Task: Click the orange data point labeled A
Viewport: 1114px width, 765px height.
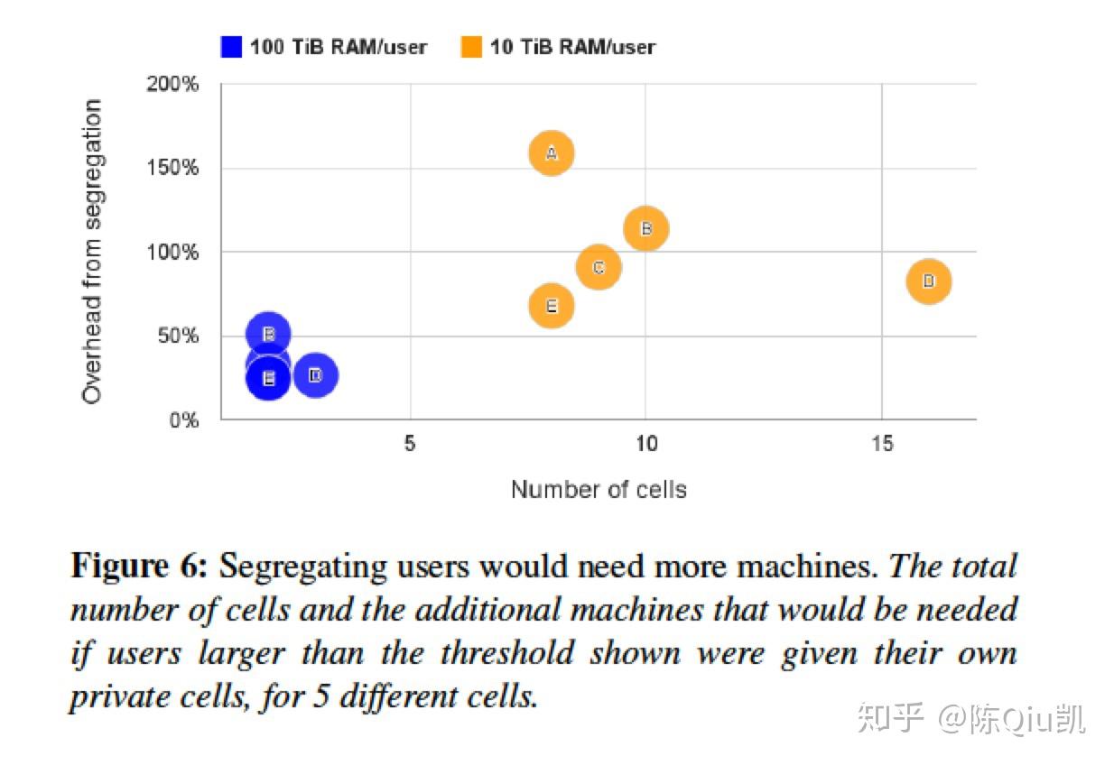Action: (x=552, y=153)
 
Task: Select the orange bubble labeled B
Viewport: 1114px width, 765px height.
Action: (x=645, y=228)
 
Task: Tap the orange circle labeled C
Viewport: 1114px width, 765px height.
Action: (x=599, y=268)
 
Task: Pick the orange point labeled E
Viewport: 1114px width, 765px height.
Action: (x=552, y=306)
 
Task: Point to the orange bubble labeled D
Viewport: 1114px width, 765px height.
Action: (x=929, y=281)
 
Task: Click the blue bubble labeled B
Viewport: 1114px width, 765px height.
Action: (x=268, y=334)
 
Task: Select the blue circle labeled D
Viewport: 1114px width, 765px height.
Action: (x=315, y=374)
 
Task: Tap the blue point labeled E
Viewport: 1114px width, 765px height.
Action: (x=268, y=378)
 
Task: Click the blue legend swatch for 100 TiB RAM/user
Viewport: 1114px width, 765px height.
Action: (x=232, y=46)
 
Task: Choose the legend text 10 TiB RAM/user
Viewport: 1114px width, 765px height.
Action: (x=572, y=46)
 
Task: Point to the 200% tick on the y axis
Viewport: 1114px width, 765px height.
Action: (x=172, y=85)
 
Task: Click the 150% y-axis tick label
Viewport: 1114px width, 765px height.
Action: (x=172, y=169)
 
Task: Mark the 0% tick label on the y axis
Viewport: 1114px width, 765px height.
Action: (x=183, y=420)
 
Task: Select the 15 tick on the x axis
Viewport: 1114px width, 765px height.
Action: (x=882, y=445)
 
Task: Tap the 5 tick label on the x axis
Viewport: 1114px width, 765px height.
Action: (x=410, y=445)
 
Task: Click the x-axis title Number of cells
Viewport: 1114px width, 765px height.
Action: (x=599, y=490)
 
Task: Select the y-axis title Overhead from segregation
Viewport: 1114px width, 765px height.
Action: (x=92, y=252)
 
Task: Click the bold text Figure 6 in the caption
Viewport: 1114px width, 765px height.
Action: (x=139, y=567)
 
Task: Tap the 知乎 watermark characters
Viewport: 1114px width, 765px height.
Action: (x=890, y=719)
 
